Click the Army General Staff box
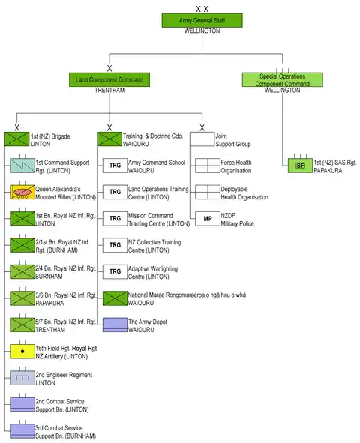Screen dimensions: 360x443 coord(202,20)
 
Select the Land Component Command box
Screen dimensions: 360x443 coord(109,79)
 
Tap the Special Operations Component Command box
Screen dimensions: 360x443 coord(282,79)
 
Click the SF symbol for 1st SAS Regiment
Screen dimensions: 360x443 coord(301,166)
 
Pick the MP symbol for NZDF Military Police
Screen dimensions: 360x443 coord(208,219)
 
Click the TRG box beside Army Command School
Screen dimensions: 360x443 coord(115,166)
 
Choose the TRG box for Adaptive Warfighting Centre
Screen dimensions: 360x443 coord(115,271)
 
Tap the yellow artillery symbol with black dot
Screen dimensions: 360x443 coord(22,352)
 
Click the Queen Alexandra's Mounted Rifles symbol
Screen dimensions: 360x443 coord(22,192)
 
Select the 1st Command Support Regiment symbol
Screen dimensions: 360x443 coord(22,166)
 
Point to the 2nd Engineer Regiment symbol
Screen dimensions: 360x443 coord(22,378)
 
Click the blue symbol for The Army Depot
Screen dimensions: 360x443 coord(115,325)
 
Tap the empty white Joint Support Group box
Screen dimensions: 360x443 coord(202,139)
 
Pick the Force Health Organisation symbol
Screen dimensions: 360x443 coord(208,166)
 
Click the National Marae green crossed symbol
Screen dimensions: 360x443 coord(115,298)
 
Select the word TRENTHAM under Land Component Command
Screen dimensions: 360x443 coord(109,91)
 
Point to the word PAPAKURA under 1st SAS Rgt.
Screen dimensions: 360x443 coord(328,171)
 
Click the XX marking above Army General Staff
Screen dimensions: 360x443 coord(202,9)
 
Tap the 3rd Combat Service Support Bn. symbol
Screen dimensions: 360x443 coord(22,431)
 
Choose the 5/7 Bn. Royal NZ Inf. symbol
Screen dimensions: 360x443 coord(22,325)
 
